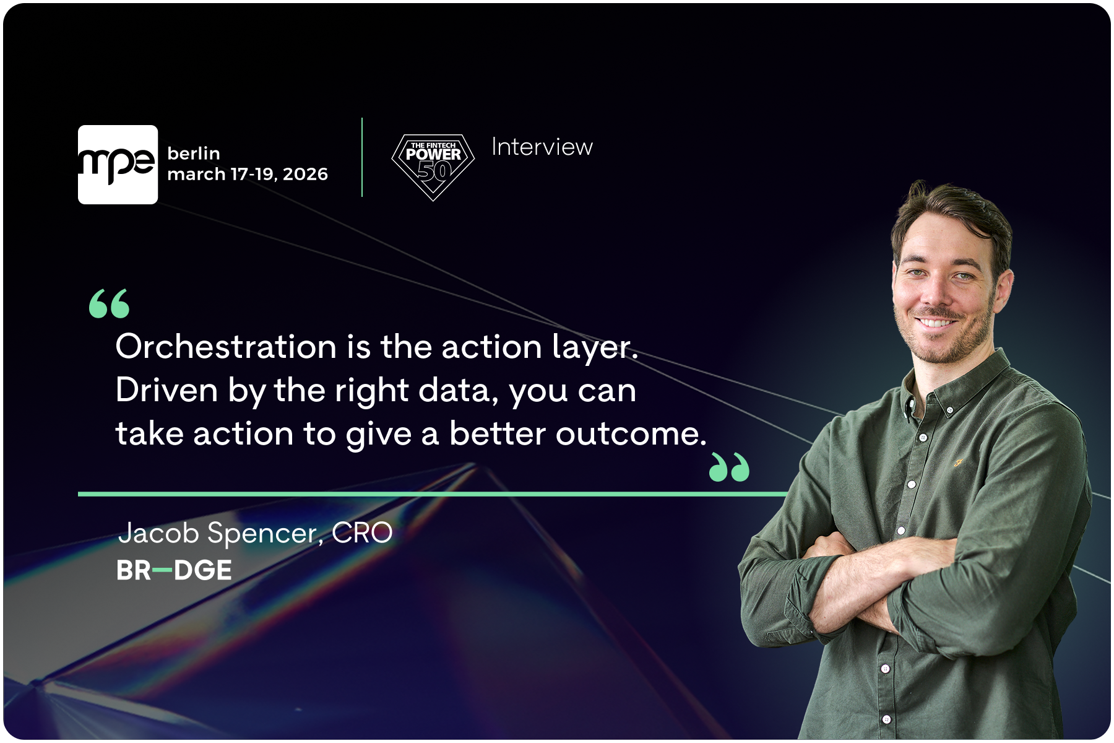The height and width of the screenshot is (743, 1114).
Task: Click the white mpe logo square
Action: pos(118,165)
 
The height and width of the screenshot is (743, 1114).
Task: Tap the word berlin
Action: pos(194,153)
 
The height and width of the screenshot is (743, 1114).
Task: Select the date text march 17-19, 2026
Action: pos(248,174)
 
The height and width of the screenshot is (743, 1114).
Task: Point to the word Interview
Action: pos(542,147)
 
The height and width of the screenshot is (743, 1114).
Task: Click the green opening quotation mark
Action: pos(110,303)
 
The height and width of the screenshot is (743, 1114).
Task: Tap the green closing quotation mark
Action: pos(729,467)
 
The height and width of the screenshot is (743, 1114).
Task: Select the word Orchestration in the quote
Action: pos(226,346)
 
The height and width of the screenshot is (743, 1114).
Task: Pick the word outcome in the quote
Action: pos(631,433)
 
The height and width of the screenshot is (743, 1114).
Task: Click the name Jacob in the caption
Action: pos(159,533)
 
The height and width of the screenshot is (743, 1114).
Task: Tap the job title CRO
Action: pos(362,533)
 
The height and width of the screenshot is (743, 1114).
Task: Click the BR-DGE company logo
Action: pos(174,570)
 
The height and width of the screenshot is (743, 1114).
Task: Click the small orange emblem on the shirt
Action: pos(957,462)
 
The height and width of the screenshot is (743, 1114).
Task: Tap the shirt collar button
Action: pos(949,409)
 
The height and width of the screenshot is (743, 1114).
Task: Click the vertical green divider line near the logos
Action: pos(362,157)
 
